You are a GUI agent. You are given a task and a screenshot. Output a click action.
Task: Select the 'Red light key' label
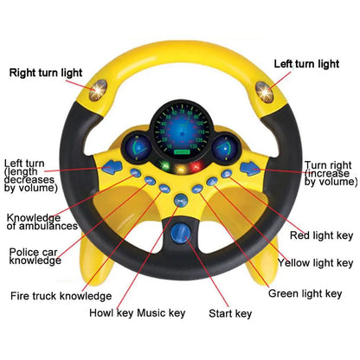(319, 235)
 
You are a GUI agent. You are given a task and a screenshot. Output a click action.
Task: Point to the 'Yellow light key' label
(315, 262)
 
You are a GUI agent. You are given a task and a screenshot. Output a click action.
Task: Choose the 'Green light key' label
(305, 293)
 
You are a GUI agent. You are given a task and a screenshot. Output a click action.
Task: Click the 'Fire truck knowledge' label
(61, 295)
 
